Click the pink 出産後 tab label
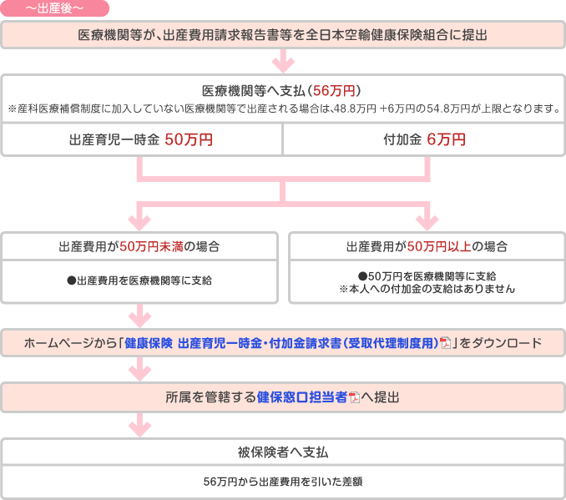[x=54, y=8]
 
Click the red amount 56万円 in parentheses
[x=334, y=91]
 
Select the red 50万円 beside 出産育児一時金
[x=189, y=139]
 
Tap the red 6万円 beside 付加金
[x=446, y=139]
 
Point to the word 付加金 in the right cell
[x=402, y=139]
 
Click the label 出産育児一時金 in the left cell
[x=114, y=139]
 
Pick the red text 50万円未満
[x=152, y=246]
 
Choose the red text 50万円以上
[x=439, y=246]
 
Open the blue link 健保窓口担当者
[x=301, y=397]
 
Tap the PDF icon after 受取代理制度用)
[x=446, y=343]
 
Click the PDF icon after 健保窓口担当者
[x=355, y=397]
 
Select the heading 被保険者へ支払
[x=283, y=452]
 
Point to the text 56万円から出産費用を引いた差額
[x=283, y=482]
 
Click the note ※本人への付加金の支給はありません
[x=427, y=289]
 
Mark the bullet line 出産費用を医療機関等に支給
[x=139, y=280]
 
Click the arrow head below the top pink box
[x=283, y=66]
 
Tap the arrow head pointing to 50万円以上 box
[x=427, y=223]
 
